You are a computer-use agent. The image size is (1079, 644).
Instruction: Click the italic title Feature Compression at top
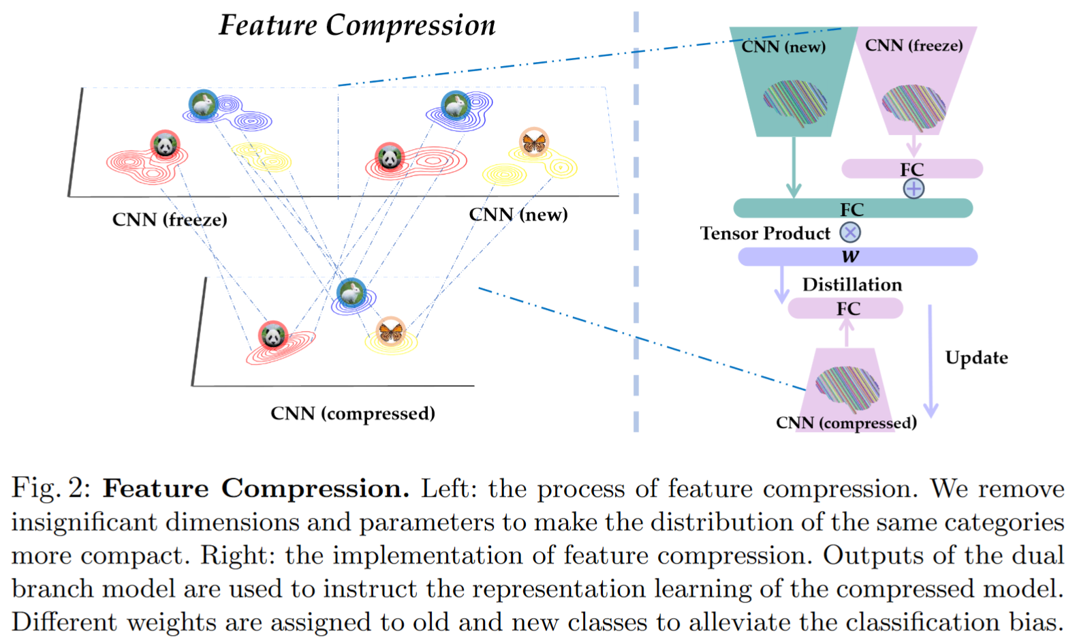357,26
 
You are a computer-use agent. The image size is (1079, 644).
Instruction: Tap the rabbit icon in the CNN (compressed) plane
351,293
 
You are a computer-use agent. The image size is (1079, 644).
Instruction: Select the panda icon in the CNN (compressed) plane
273,335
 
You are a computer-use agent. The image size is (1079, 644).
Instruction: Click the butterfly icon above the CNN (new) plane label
533,142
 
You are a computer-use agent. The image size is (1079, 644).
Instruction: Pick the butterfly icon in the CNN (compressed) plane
391,331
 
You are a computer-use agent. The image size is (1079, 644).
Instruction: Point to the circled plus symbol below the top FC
913,189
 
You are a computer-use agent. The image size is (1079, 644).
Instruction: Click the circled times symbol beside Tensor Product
850,233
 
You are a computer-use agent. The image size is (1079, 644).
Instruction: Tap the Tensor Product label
765,234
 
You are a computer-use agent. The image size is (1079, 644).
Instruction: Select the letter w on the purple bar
850,257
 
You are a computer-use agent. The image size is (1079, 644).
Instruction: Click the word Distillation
851,285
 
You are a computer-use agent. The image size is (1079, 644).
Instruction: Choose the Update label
976,358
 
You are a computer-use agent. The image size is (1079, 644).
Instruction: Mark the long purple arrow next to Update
931,361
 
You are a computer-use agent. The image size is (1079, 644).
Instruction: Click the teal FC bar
852,209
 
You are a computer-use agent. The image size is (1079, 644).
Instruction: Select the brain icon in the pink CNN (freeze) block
913,107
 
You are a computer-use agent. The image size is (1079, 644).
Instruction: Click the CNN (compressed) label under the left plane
352,414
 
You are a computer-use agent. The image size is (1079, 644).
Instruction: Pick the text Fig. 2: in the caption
51,489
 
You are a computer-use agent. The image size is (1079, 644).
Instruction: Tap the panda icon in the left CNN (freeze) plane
165,144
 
